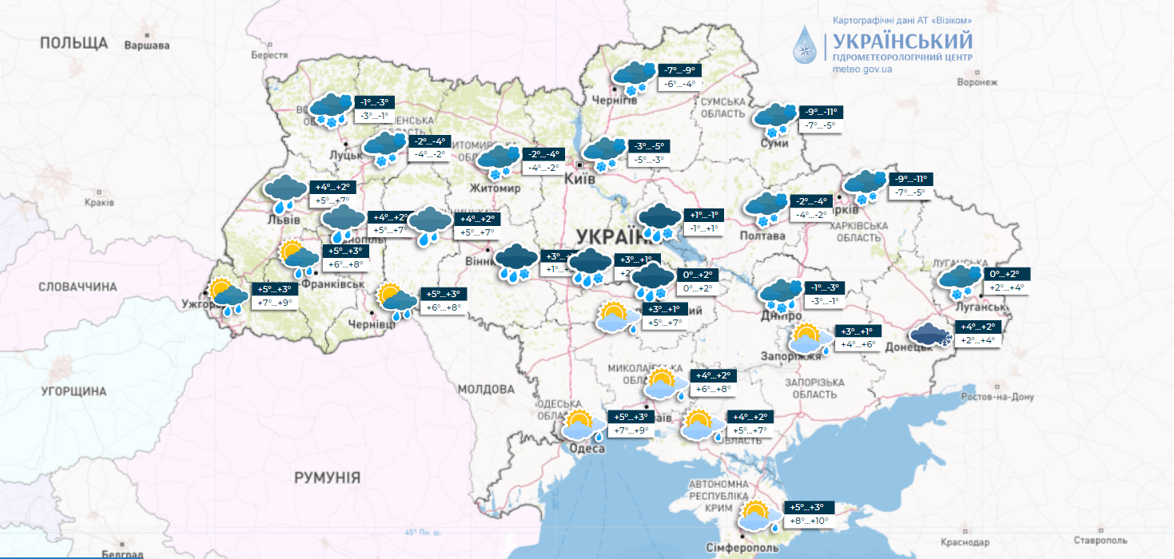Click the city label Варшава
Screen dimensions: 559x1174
[147, 46]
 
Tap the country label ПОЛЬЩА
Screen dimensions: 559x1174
[74, 42]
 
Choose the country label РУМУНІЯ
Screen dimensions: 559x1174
[327, 478]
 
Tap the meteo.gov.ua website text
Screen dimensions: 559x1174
[862, 69]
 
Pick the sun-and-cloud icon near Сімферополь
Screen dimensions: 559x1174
[760, 516]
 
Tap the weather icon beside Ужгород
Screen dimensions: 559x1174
[227, 298]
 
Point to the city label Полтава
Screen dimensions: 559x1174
[762, 236]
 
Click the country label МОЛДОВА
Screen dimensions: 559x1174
[486, 389]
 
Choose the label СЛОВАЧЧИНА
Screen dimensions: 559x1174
[78, 287]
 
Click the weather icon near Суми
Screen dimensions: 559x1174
[775, 121]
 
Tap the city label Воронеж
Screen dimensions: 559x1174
[977, 82]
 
